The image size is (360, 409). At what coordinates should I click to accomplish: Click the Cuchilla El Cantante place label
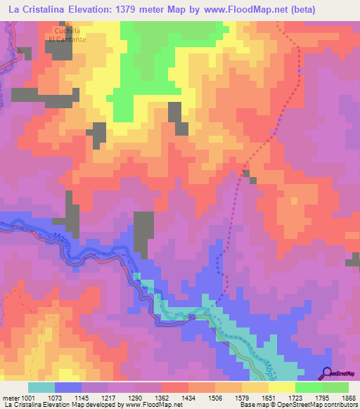click(67, 35)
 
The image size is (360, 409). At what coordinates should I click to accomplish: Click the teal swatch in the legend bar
click(41, 387)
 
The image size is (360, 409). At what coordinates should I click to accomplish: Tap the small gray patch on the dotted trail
click(246, 172)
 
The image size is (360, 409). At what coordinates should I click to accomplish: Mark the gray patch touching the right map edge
click(352, 262)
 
